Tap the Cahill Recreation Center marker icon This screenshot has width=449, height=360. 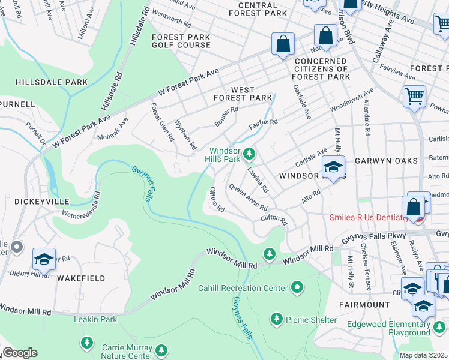point(298,289)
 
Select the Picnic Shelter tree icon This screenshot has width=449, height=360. point(276,319)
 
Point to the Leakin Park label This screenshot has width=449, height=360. point(95,319)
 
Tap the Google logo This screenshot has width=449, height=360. point(19,353)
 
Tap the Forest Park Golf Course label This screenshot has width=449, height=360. point(181,41)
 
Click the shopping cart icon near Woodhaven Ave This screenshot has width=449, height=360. point(414,96)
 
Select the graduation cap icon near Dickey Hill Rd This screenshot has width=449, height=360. point(44,259)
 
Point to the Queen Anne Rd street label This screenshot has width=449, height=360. point(248,197)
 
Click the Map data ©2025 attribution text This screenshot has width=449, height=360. point(423,355)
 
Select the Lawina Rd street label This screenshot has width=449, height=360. point(257,179)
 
